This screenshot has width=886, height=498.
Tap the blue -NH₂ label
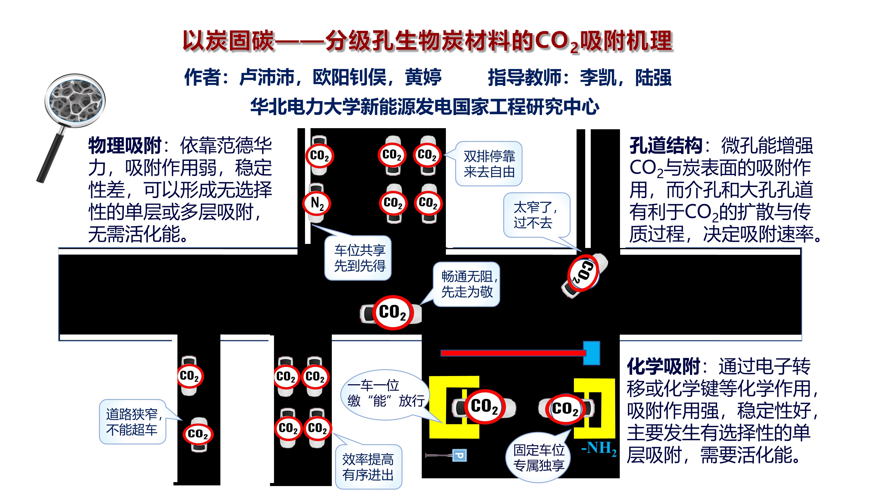pos(598,448)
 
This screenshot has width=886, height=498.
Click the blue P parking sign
pos(459,456)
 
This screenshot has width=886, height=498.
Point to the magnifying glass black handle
pos(52,158)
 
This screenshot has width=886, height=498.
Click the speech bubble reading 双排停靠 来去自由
pos(489,164)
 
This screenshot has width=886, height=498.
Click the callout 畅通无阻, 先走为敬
pos(467,284)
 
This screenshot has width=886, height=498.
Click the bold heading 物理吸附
pos(124,146)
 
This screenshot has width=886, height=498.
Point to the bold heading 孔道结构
pos(666,146)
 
